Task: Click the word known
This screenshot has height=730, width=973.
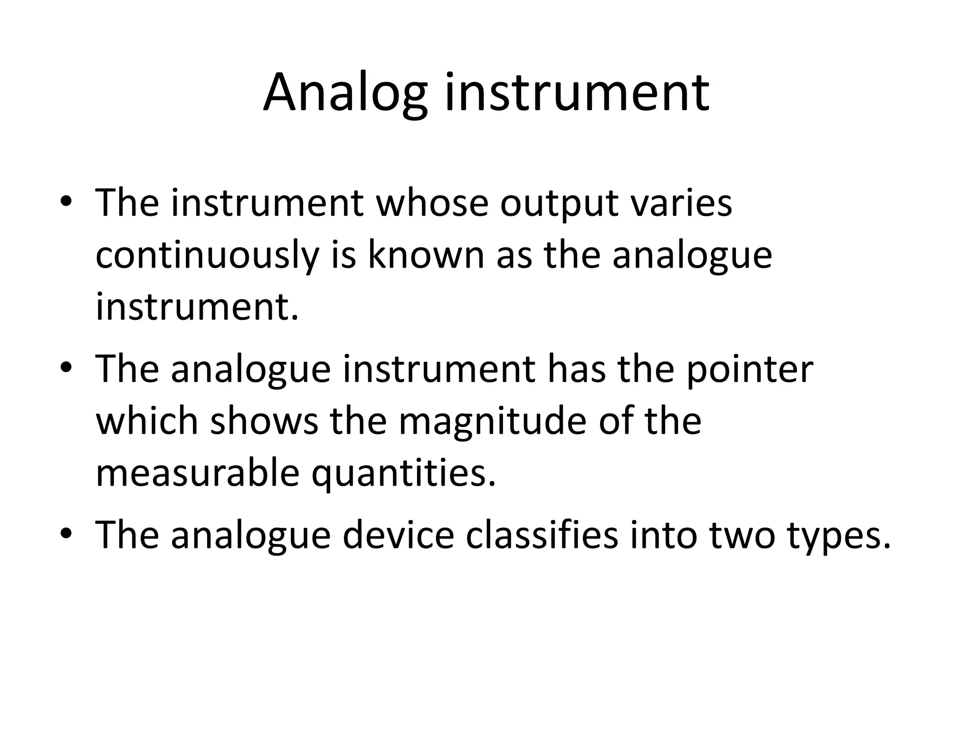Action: tap(426, 256)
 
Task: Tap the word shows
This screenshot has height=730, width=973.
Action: tap(264, 422)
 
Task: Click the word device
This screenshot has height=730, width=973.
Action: tap(398, 536)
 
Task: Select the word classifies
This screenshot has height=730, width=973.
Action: tap(542, 536)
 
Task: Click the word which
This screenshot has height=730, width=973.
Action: tap(147, 422)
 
